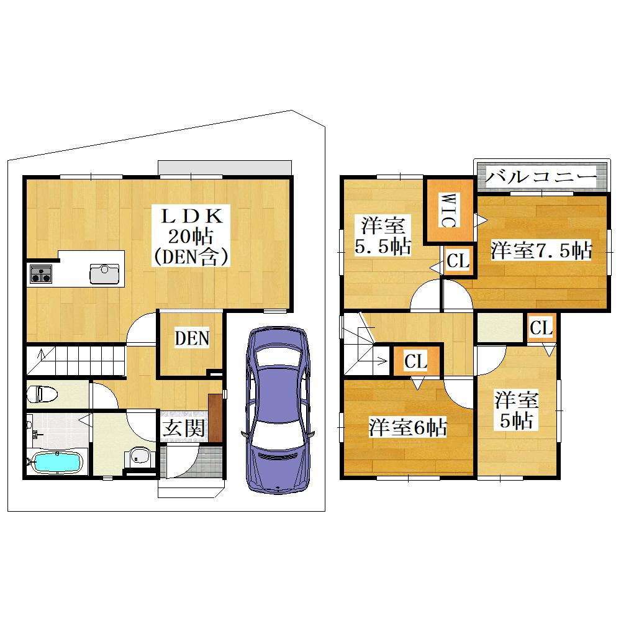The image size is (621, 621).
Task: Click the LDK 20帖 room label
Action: (191, 236)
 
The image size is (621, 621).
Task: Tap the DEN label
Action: (192, 338)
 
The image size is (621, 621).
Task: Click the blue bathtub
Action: (57, 462)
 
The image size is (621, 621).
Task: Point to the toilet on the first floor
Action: (42, 394)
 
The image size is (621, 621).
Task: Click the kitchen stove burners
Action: (41, 274)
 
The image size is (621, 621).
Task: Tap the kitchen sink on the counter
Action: (104, 274)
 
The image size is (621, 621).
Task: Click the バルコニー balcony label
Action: (541, 177)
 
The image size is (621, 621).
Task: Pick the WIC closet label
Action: (448, 210)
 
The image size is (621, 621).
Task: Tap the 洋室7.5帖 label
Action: (541, 250)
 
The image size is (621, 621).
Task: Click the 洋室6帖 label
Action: (407, 427)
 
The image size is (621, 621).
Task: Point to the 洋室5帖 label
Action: (517, 410)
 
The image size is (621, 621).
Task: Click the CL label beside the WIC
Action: (458, 261)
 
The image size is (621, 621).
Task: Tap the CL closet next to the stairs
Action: (416, 361)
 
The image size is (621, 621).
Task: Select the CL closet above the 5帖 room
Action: (542, 328)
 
